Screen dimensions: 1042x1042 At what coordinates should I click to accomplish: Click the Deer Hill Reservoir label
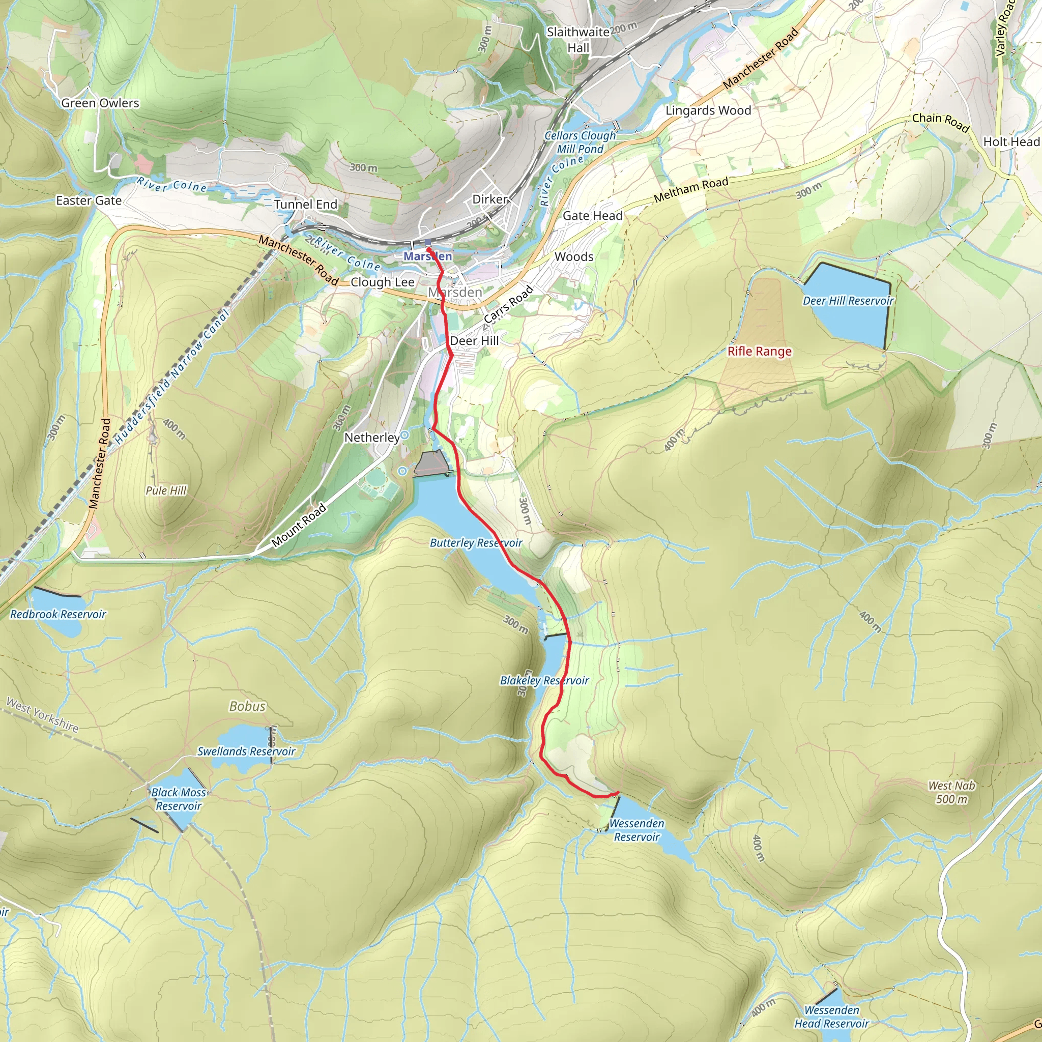(848, 301)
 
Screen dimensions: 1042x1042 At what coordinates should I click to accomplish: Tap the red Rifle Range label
(760, 352)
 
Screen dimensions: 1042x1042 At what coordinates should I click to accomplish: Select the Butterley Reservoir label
(476, 543)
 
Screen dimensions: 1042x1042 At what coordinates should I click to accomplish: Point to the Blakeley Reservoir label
(544, 681)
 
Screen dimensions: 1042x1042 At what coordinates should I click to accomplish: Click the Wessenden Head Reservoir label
(832, 1017)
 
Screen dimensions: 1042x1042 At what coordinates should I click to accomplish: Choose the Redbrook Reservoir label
(58, 614)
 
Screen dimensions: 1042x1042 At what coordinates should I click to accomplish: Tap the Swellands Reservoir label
(246, 751)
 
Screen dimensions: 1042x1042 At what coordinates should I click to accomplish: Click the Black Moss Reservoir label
(179, 799)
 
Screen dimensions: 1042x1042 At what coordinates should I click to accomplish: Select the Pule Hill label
(165, 491)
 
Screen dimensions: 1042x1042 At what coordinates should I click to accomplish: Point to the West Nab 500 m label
(951, 792)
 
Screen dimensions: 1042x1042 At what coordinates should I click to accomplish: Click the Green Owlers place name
(100, 103)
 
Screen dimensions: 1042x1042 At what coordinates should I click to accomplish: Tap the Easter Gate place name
(89, 200)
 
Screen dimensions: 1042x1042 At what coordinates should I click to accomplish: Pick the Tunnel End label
(305, 205)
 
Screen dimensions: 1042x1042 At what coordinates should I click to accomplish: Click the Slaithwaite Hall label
(577, 40)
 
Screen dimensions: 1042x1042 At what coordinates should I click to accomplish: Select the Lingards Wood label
(708, 110)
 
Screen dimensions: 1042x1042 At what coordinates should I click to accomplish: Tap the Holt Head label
(1011, 142)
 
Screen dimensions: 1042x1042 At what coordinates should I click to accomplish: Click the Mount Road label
(299, 525)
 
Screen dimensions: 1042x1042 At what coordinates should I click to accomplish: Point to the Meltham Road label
(691, 190)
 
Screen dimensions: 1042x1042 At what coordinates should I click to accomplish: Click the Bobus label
(248, 707)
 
